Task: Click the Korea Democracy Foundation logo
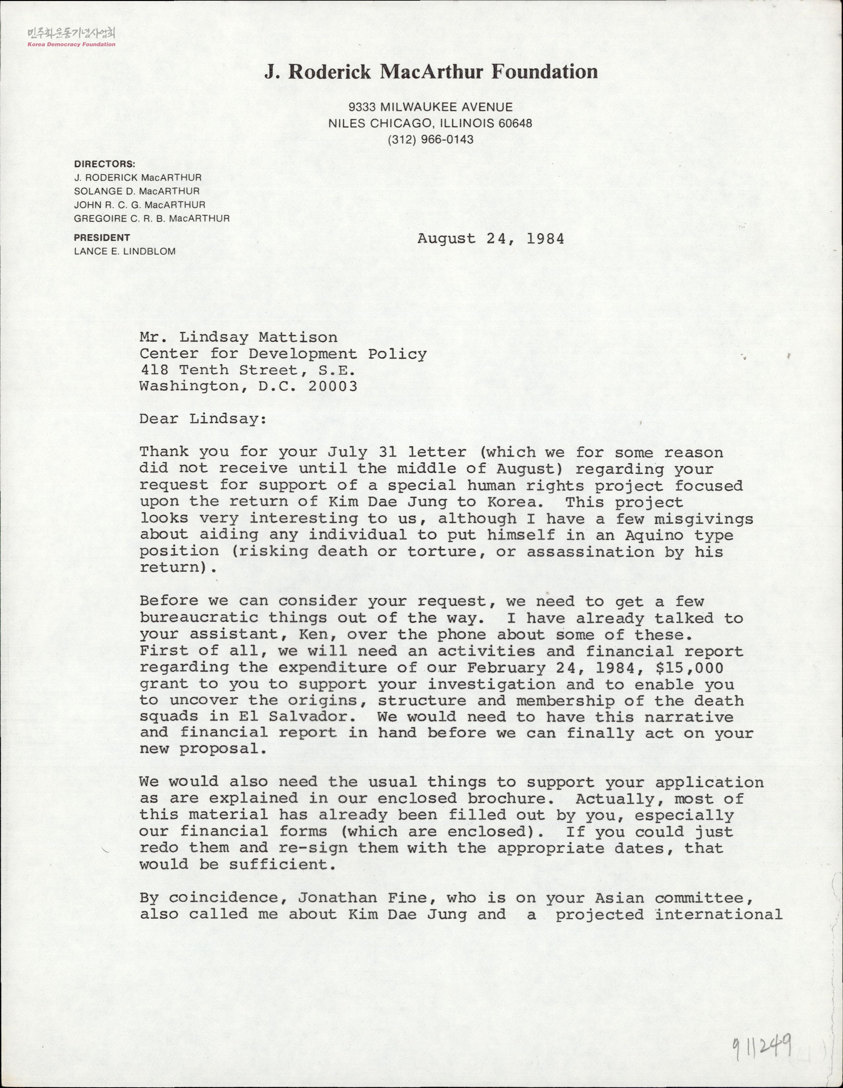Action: click(71, 37)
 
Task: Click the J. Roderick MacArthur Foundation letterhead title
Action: click(431, 72)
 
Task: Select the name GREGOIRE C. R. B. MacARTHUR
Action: click(152, 218)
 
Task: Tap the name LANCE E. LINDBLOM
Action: click(125, 251)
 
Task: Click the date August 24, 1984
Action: click(491, 239)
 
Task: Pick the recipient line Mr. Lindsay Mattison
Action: click(238, 337)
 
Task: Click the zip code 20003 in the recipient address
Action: click(333, 386)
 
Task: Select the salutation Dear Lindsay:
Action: click(203, 419)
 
